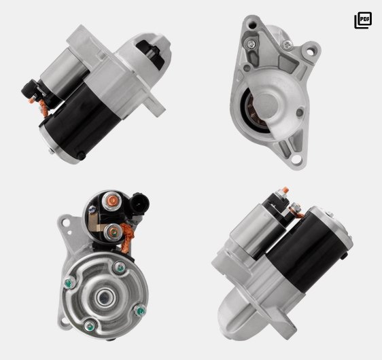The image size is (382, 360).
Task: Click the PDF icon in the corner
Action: [x=363, y=20]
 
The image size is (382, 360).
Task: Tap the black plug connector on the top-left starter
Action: [x=30, y=89]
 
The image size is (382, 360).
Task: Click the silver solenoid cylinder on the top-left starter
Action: [x=64, y=73]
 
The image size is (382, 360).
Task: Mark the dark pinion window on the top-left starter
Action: [x=150, y=52]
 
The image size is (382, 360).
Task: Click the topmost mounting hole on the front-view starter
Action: [x=251, y=24]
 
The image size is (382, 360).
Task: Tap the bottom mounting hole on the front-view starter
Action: [x=296, y=160]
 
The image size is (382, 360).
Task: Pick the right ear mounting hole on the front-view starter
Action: [x=310, y=52]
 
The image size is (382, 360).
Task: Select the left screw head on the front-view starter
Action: [x=251, y=44]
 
